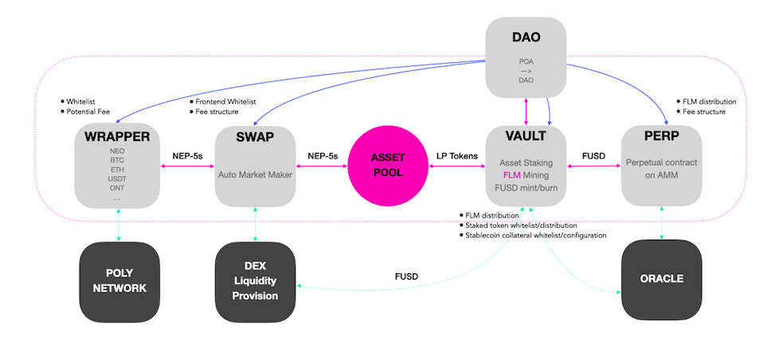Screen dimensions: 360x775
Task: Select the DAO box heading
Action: point(526,37)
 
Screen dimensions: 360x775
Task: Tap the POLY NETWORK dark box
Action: point(119,281)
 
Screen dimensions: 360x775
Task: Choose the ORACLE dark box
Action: point(661,280)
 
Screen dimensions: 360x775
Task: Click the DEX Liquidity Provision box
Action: point(255,281)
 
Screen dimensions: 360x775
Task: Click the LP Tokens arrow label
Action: point(457,156)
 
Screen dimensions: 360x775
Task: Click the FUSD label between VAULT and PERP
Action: point(593,156)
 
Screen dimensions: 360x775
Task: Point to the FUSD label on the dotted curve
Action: point(406,277)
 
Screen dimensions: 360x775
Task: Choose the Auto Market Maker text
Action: point(254,172)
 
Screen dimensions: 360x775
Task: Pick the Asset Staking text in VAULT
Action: point(526,162)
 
